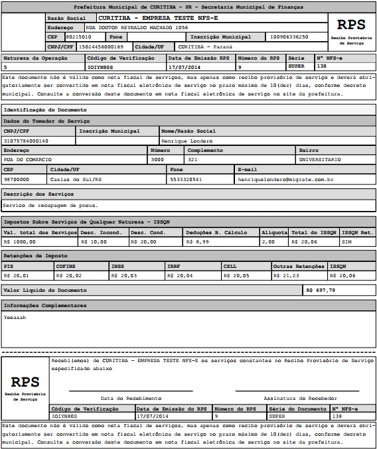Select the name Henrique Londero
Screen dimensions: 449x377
pos(187,141)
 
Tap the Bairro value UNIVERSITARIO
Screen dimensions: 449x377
pos(320,160)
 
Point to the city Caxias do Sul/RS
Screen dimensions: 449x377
pos(76,179)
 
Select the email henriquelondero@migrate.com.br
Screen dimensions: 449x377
pos(285,179)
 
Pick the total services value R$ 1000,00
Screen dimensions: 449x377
pos(20,242)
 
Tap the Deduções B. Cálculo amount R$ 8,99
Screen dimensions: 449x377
pos(197,242)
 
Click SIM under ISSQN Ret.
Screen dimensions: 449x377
pos(346,242)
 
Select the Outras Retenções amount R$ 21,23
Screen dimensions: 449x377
pos(286,275)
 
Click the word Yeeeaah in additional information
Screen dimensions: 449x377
pos(15,317)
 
